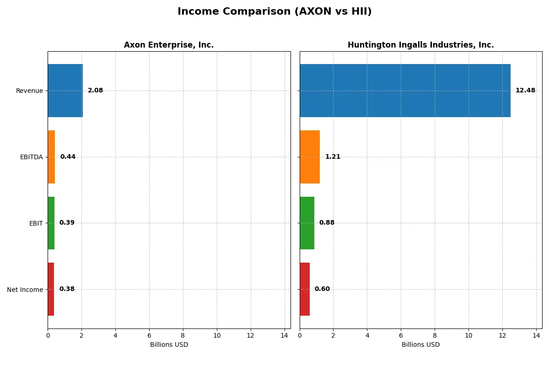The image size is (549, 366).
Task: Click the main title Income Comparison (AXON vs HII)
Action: [x=274, y=12]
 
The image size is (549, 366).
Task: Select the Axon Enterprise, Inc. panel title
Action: [x=169, y=45]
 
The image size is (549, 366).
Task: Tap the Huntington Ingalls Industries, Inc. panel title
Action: [x=420, y=45]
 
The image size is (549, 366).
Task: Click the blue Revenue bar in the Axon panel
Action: [x=65, y=91]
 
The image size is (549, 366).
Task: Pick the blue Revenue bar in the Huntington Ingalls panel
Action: [x=405, y=91]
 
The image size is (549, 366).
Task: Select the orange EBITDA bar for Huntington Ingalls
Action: [x=310, y=157]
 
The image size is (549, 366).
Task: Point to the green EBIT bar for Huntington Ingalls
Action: [x=307, y=223]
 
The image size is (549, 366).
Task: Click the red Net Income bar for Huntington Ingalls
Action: [x=305, y=289]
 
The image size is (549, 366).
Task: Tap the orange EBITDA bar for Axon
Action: [x=51, y=157]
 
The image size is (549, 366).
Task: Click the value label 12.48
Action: [x=525, y=91]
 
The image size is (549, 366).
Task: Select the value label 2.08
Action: [x=95, y=91]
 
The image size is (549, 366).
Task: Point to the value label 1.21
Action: [x=333, y=157]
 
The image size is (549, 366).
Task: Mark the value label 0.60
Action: [x=322, y=289]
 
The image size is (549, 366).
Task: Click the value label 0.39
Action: [x=67, y=223]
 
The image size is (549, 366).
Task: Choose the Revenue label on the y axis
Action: [x=29, y=91]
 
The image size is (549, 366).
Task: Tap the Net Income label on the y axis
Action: [x=25, y=290]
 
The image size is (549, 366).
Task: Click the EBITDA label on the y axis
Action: [x=31, y=157]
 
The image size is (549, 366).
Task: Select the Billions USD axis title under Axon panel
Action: [x=169, y=345]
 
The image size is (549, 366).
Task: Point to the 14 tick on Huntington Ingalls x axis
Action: [x=536, y=336]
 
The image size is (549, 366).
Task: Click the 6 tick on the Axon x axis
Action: [x=149, y=336]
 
